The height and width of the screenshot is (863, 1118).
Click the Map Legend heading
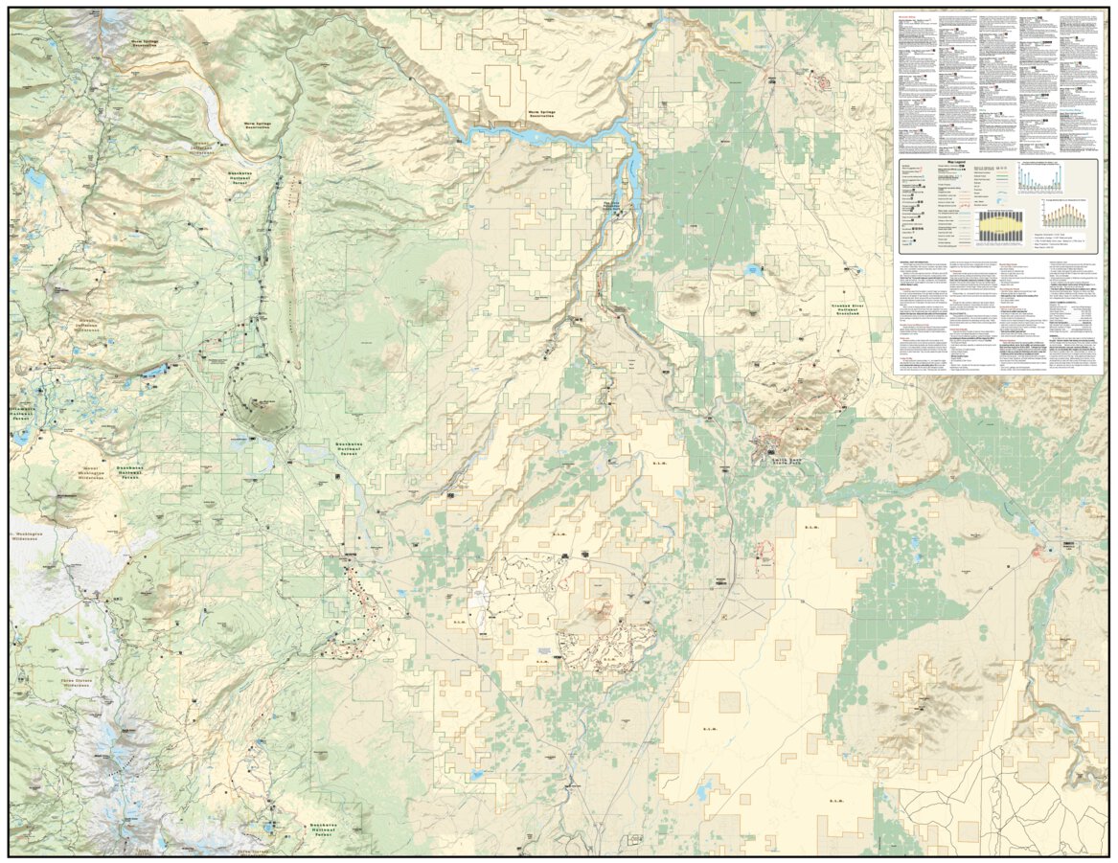tap(960, 164)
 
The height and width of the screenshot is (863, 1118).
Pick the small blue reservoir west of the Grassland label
tap(754, 271)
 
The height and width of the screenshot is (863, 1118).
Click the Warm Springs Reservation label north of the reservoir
tap(547, 114)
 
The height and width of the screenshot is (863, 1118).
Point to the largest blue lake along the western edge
tap(19, 437)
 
